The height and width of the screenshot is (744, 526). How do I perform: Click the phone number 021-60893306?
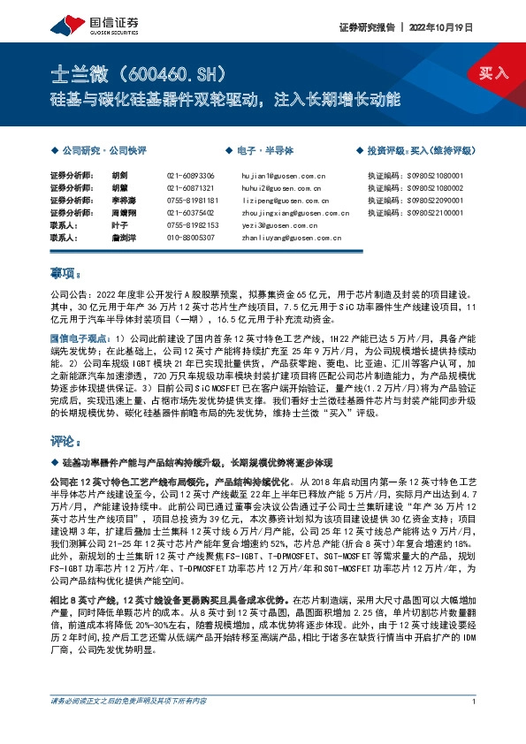tap(190, 177)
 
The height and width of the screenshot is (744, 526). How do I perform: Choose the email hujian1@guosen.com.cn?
tap(284, 177)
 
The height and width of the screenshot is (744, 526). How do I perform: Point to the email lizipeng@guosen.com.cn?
tap(284, 201)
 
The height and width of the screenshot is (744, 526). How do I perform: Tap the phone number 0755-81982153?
tap(190, 225)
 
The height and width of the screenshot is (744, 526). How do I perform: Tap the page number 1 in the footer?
tap(475, 725)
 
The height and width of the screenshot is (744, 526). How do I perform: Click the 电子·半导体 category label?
tap(263, 152)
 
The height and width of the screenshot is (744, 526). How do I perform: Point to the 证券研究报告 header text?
tap(367, 27)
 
